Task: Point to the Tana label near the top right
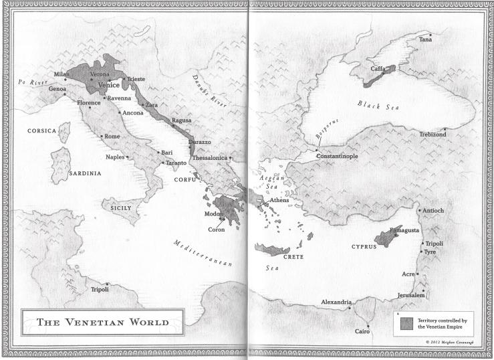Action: coord(425,40)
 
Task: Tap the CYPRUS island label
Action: coord(364,246)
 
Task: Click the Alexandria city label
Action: coord(336,302)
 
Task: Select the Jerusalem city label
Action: coord(410,295)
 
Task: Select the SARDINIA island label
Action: coord(85,173)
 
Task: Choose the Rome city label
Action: coord(112,137)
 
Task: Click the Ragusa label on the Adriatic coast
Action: coord(181,120)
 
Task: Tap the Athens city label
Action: coord(279,200)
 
